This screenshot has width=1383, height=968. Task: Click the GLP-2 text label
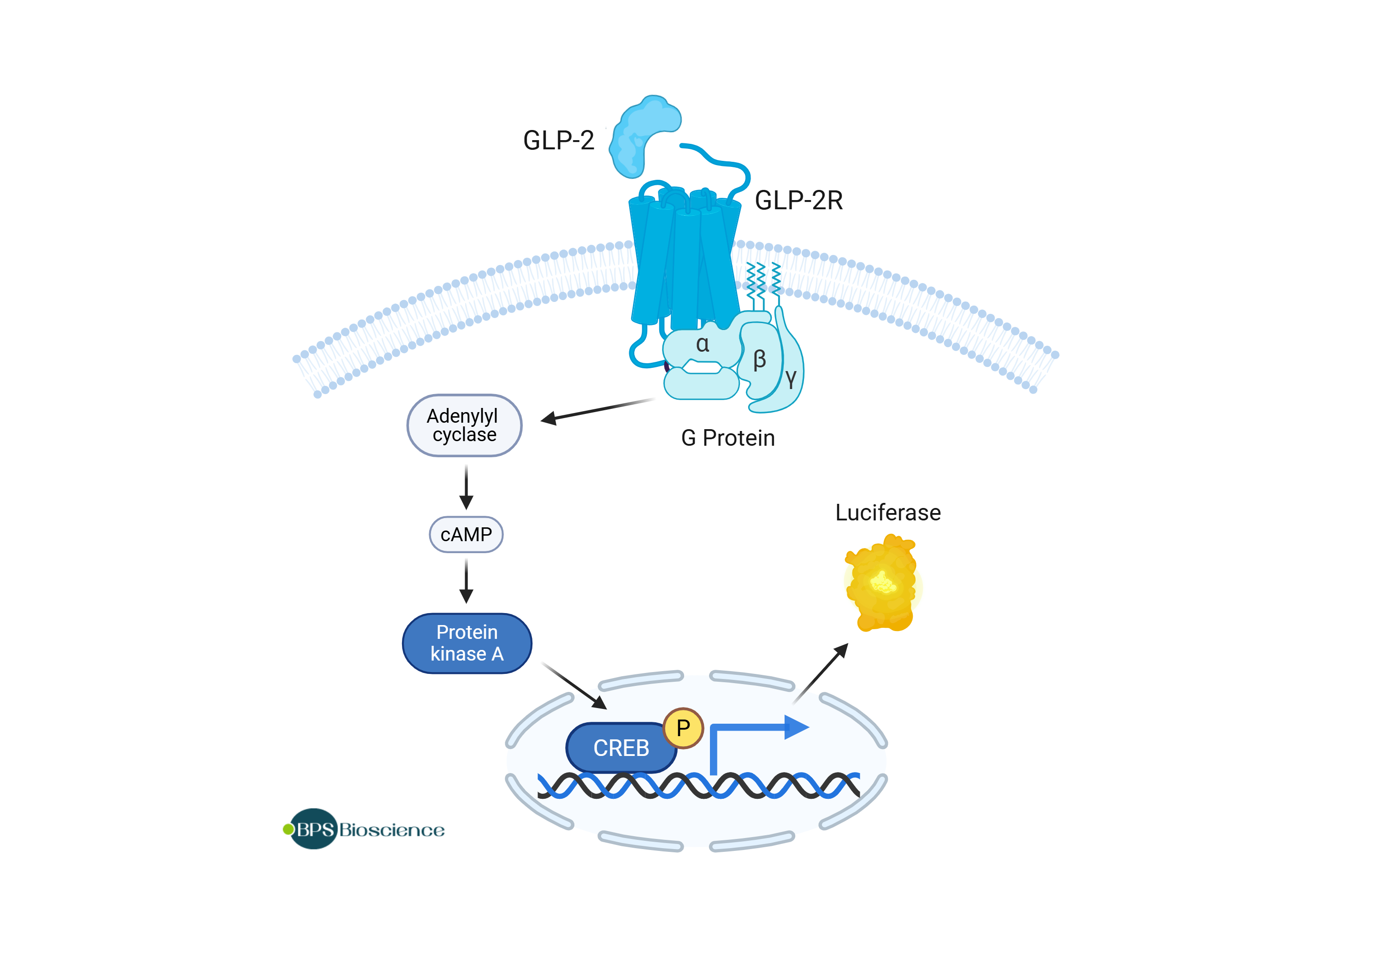[x=558, y=140]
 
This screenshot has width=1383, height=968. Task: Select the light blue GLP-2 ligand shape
[x=638, y=136]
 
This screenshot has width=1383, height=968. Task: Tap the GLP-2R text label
[x=798, y=201]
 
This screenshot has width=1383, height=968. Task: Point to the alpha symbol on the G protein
[x=703, y=344]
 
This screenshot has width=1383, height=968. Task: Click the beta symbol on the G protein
[x=760, y=360]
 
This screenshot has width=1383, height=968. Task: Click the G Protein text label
[x=727, y=438]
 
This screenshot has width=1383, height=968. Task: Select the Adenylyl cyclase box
[x=464, y=425]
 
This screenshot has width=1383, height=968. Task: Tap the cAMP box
[x=466, y=534]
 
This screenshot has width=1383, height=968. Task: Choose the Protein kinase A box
[x=467, y=643]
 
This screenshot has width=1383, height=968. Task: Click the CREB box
[x=621, y=748]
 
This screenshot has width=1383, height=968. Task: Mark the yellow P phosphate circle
[x=683, y=728]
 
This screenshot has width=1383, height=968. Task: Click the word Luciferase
[x=887, y=513]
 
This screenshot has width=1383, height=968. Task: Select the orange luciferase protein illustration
[x=882, y=583]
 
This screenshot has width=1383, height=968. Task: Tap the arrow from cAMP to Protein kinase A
[x=466, y=581]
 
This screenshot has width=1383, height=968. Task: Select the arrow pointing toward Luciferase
[x=821, y=673]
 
